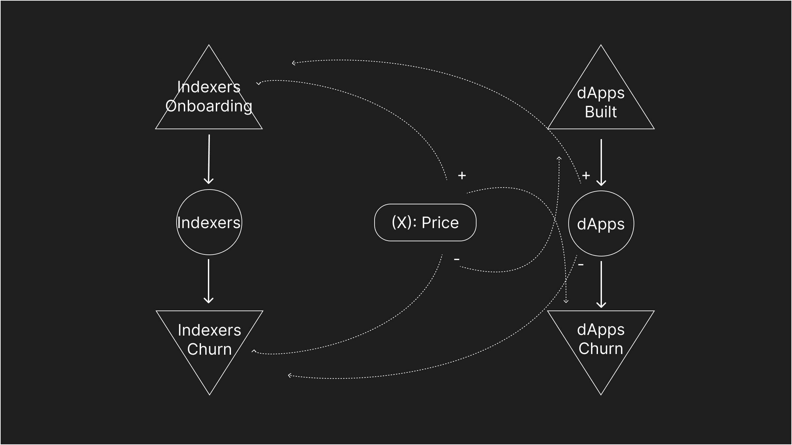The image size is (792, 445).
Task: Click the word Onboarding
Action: click(209, 106)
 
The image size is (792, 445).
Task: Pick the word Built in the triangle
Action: click(601, 112)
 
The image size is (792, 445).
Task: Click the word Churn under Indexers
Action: click(209, 349)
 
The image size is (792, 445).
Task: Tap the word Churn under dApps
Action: click(601, 348)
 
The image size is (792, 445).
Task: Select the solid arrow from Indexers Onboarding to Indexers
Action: click(209, 159)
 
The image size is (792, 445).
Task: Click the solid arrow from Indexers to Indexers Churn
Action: click(209, 281)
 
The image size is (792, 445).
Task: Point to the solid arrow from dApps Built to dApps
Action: click(601, 162)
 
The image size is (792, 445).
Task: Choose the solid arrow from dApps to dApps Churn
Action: click(601, 284)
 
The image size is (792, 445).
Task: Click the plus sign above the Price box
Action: click(462, 175)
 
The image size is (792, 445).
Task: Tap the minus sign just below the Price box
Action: click(457, 260)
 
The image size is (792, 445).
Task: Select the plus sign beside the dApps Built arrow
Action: click(586, 175)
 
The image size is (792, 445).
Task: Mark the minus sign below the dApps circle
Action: click(581, 265)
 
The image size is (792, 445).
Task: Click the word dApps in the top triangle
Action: click(601, 93)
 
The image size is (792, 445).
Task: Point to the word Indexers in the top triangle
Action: click(209, 87)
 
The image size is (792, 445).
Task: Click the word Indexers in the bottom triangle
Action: click(209, 330)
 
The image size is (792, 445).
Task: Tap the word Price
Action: click(440, 222)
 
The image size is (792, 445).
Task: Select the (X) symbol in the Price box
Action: click(402, 222)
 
